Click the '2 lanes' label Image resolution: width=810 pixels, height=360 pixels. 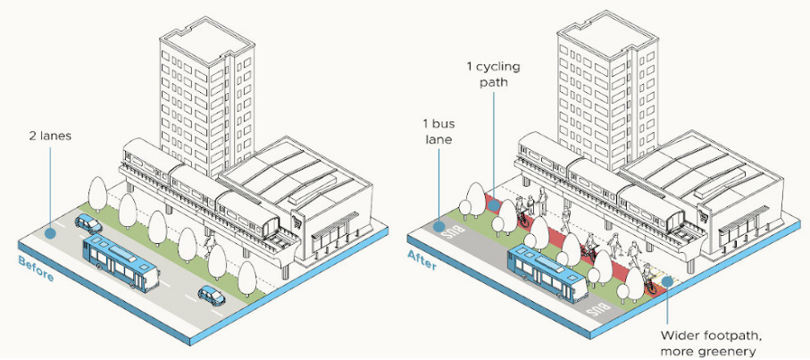click(50, 137)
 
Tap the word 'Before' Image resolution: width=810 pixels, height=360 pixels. click(36, 269)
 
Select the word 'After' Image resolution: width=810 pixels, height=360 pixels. click(422, 260)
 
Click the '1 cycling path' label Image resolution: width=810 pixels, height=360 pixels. click(493, 74)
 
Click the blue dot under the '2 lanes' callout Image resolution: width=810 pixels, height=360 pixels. click(50, 233)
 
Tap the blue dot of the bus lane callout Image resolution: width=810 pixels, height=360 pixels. click(438, 226)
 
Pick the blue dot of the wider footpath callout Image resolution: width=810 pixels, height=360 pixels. click(667, 281)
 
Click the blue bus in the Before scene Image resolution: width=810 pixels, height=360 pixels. click(121, 264)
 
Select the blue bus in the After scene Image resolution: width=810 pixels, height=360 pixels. click(548, 272)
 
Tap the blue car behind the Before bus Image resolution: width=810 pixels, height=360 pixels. click(88, 223)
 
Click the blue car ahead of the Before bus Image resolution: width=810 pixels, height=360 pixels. click(212, 295)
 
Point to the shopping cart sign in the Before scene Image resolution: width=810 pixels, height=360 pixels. click(297, 220)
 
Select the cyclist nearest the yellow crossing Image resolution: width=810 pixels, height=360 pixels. click(649, 279)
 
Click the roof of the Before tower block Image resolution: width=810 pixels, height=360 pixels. click(206, 41)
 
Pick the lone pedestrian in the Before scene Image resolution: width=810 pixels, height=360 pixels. click(209, 246)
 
